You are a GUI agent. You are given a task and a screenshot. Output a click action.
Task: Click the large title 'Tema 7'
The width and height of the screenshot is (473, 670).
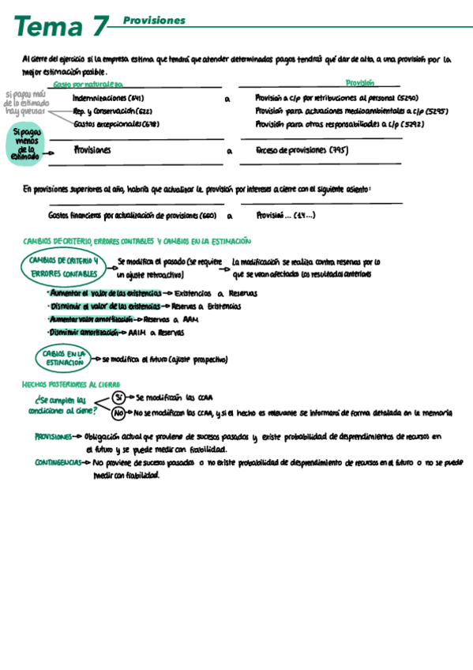click(59, 26)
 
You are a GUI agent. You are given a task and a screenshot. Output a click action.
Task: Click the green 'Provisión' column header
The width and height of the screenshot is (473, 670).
click(359, 82)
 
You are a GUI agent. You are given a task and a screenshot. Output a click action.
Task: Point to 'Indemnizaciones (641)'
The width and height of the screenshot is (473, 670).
click(107, 98)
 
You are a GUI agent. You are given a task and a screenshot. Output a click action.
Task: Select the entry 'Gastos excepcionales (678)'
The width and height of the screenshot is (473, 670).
click(115, 124)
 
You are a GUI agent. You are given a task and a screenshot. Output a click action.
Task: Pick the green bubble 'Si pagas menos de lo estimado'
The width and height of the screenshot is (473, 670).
click(28, 145)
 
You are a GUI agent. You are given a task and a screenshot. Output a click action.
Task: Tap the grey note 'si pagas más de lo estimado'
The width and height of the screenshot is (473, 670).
click(25, 102)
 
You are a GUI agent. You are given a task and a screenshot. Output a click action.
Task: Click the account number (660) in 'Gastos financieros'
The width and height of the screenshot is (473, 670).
click(208, 214)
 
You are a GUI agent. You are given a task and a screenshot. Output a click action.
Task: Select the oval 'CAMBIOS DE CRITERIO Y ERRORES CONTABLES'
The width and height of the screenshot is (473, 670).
click(64, 265)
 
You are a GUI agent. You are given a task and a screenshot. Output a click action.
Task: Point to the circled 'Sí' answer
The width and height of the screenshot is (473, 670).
click(118, 397)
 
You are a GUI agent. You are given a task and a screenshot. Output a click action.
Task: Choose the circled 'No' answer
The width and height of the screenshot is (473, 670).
click(118, 412)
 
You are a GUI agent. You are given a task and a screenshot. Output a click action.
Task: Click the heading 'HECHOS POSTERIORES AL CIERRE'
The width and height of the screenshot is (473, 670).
click(71, 384)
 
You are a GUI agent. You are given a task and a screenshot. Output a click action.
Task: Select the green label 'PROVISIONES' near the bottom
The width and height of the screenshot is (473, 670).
click(53, 436)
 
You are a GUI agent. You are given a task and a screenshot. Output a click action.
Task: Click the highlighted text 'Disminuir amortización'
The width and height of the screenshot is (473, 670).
click(83, 333)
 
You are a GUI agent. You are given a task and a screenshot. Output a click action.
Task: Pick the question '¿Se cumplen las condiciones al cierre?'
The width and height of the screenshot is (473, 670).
click(61, 406)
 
